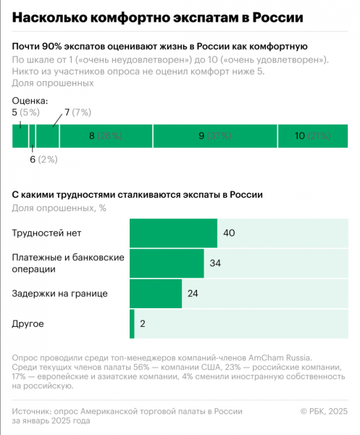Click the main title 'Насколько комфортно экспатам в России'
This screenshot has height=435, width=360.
tap(158, 17)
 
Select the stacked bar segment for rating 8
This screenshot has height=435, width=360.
tap(106, 136)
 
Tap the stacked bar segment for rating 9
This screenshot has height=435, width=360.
tap(215, 136)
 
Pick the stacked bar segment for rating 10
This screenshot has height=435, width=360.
tap(313, 136)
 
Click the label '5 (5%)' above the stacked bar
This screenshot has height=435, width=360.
tap(26, 112)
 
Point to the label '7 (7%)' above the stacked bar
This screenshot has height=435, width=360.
tap(78, 112)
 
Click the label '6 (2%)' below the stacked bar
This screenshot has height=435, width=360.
tap(43, 159)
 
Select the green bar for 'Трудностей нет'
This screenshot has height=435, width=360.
tap(173, 233)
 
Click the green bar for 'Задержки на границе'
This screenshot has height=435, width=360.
tap(156, 294)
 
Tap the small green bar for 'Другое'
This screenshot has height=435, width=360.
tap(132, 323)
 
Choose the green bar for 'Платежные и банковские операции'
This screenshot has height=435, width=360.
tap(166, 263)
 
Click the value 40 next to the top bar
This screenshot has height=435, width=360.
tap(230, 233)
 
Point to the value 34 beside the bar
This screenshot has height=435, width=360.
tap(215, 263)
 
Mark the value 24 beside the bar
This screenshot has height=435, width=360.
tap(193, 294)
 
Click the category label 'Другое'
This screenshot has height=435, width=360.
tap(29, 323)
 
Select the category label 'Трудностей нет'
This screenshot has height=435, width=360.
tap(47, 233)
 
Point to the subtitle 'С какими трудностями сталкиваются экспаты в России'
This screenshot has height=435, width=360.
tap(138, 194)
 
